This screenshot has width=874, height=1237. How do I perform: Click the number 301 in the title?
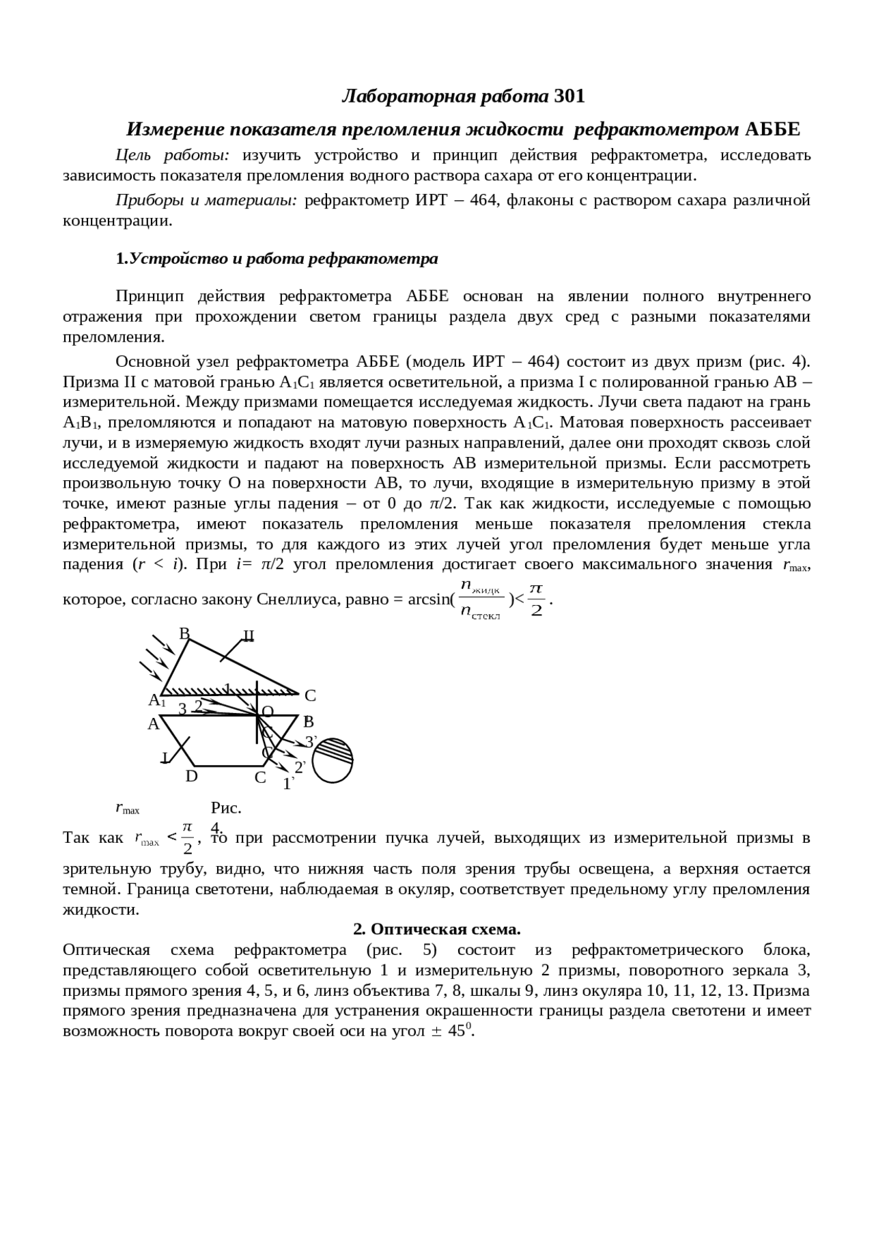(x=569, y=96)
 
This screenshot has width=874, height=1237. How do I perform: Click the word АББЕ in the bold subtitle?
(x=772, y=129)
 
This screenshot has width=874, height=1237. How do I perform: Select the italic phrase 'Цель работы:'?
(x=172, y=155)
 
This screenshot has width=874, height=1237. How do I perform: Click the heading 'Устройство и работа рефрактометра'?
(x=283, y=259)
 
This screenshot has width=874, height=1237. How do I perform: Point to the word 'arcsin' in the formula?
(x=429, y=600)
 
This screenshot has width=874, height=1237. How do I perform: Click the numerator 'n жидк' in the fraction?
(x=481, y=585)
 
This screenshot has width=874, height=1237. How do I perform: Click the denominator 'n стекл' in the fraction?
(x=481, y=613)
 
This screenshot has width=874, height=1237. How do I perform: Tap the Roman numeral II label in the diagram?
(x=249, y=637)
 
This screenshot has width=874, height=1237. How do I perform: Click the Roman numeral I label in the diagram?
(x=165, y=758)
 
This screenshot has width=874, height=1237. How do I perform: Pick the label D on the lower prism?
(x=192, y=777)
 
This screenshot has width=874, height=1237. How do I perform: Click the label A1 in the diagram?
(x=157, y=700)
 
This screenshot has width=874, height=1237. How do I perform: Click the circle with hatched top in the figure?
(x=333, y=761)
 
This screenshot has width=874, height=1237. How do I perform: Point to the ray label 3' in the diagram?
(x=311, y=742)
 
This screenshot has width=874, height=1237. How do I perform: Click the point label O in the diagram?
(x=268, y=712)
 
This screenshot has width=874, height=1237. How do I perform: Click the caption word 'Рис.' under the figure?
(x=226, y=808)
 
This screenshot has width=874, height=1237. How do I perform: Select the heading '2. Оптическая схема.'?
(x=437, y=929)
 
